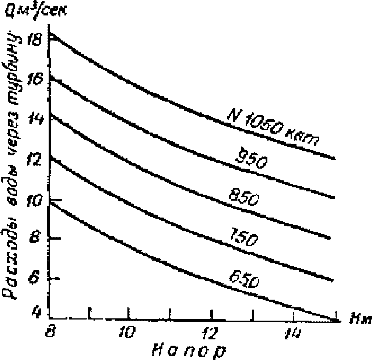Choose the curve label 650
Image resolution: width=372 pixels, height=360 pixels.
[243, 279]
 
